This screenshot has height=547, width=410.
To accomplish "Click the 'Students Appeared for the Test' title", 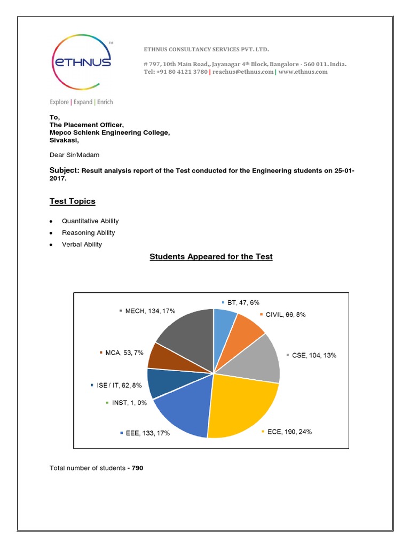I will point(211,257).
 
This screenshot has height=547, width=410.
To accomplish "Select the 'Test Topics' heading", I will point(73,201).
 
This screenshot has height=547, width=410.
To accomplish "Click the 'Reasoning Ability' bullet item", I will point(88,233).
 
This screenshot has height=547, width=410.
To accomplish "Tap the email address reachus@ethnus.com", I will point(243,72).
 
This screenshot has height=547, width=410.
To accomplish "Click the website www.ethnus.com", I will point(303,72).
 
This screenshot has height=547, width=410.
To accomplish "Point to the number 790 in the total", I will point(136,468).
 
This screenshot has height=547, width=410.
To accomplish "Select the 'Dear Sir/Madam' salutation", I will point(74,155).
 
